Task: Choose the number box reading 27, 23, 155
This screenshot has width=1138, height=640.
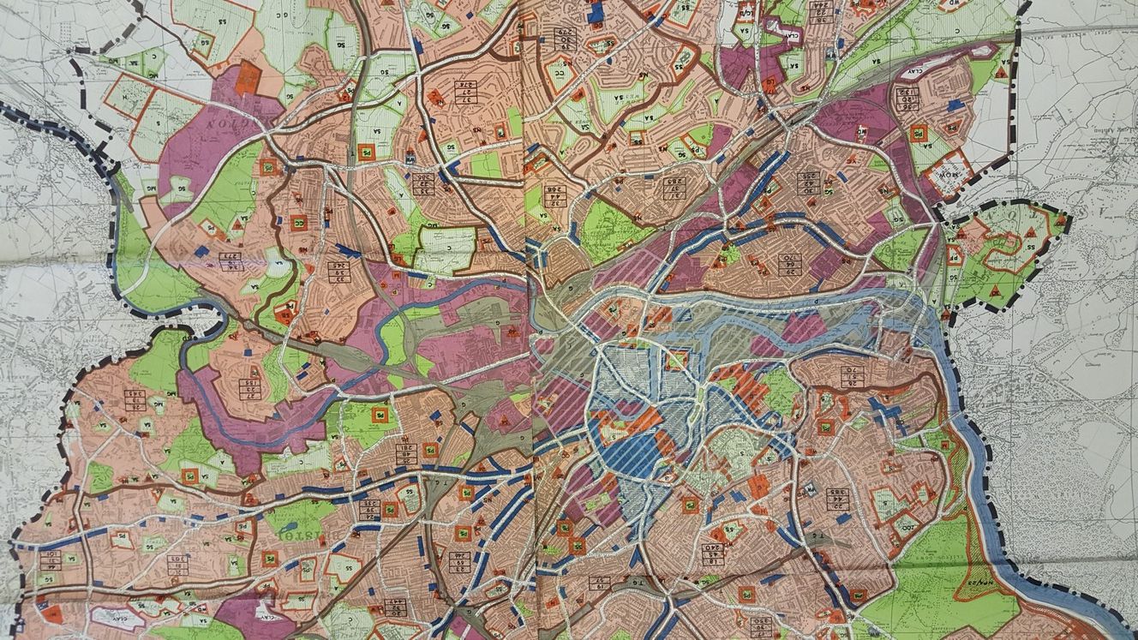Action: click(x=249, y=387)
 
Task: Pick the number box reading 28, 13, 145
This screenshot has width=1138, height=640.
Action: click(x=135, y=399)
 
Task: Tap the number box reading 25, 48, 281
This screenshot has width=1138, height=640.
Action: click(x=407, y=453)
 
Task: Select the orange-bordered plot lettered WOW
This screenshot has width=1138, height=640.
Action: click(x=949, y=170)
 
